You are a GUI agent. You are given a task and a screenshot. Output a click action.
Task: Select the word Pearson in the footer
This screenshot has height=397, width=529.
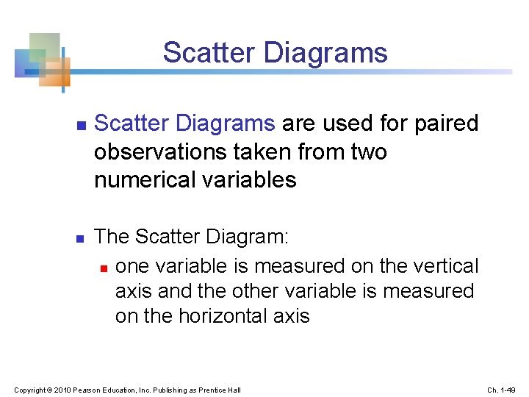tap(84, 389)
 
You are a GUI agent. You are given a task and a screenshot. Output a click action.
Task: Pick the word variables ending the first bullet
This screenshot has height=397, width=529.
tap(251, 179)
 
